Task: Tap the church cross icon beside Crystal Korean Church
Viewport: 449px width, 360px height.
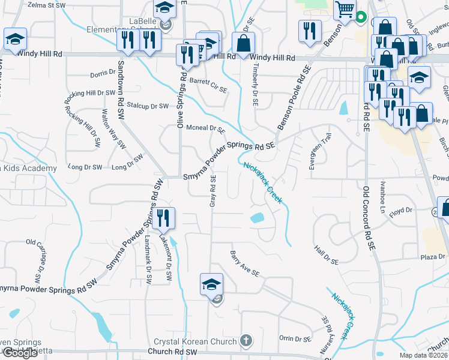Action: [x=245, y=341]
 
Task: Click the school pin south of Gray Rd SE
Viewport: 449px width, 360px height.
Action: [x=211, y=284]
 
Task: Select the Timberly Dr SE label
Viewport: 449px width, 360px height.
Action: [x=255, y=84]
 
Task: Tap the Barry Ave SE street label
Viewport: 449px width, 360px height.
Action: [x=245, y=264]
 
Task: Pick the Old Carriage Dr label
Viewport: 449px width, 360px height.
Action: [x=36, y=260]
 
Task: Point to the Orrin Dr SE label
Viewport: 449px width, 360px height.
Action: [x=295, y=338]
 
